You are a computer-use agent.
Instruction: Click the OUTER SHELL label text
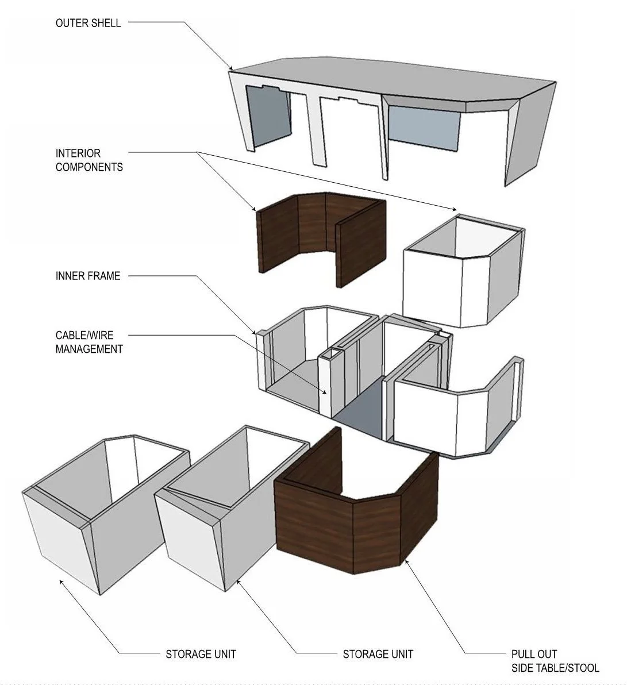tap(88, 24)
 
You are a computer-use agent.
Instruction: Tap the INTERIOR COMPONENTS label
tap(89, 160)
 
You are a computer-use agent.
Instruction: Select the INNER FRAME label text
tap(88, 276)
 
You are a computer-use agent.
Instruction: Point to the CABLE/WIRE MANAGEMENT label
tap(89, 341)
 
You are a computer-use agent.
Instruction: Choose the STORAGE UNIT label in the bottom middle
tap(378, 654)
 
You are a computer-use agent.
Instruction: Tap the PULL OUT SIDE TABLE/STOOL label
tap(555, 661)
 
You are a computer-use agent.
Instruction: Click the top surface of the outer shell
tap(391, 80)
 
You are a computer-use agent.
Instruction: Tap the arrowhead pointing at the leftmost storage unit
tap(60, 581)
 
